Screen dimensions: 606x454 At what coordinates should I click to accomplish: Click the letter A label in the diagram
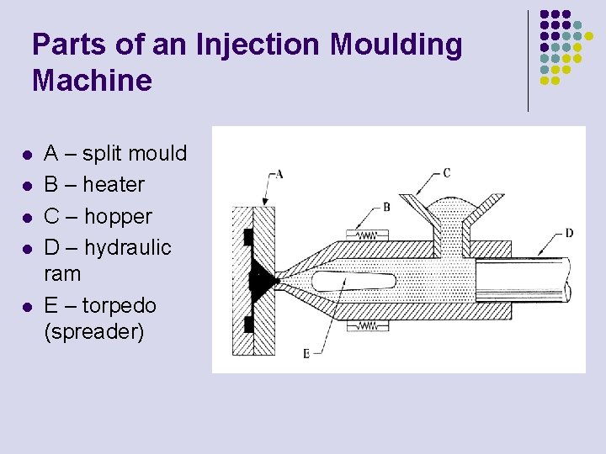tap(279, 174)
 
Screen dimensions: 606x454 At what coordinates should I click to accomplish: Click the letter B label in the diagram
tap(386, 206)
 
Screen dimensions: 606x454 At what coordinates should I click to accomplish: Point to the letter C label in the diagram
tap(446, 173)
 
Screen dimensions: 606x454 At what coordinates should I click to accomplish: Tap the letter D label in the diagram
tap(570, 233)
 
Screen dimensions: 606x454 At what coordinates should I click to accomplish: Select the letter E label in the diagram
tap(306, 353)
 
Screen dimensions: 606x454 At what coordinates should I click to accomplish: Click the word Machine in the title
tap(92, 81)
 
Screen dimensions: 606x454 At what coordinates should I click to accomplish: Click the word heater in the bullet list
tap(114, 184)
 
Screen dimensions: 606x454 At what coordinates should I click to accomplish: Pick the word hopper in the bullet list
tap(117, 216)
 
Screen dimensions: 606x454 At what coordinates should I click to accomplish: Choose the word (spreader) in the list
tap(93, 331)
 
